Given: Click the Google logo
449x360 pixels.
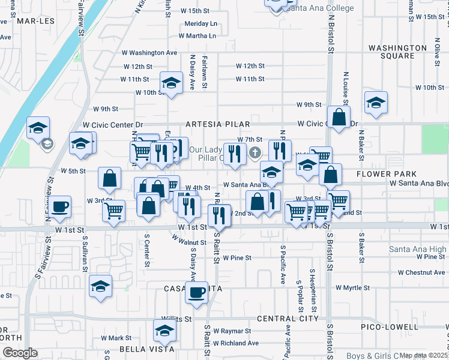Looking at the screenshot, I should coord(20,353).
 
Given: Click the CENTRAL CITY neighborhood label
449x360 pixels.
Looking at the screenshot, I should coord(288,319).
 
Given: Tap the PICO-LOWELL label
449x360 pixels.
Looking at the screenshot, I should coord(390,327).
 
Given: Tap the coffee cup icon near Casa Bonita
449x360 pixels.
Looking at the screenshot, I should coord(196,293).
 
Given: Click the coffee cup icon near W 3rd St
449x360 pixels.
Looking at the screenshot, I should coord(59,206).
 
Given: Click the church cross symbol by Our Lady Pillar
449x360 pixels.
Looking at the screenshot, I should coord(255,153).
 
